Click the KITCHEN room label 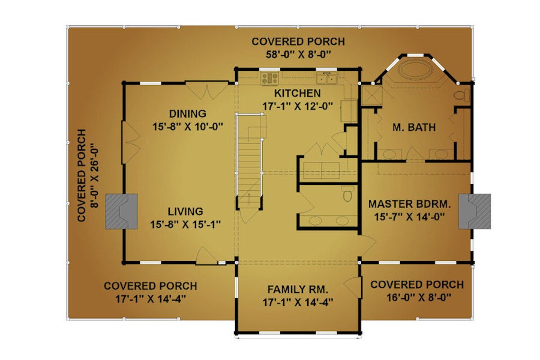tap(298, 94)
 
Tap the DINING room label tap(188, 113)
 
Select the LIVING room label tap(185, 211)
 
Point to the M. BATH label tap(414, 127)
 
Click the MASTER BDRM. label tap(409, 204)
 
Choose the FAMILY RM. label tap(298, 289)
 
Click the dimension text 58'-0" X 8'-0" tap(298, 55)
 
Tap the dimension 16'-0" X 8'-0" tap(419, 298)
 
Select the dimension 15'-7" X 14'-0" tap(409, 217)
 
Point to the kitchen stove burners tap(269, 79)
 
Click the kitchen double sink tap(326, 79)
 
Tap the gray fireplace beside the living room tap(122, 212)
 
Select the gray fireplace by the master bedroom tap(475, 211)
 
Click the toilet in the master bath tap(462, 95)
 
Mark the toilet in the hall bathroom tap(348, 193)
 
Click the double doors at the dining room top tap(207, 91)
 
